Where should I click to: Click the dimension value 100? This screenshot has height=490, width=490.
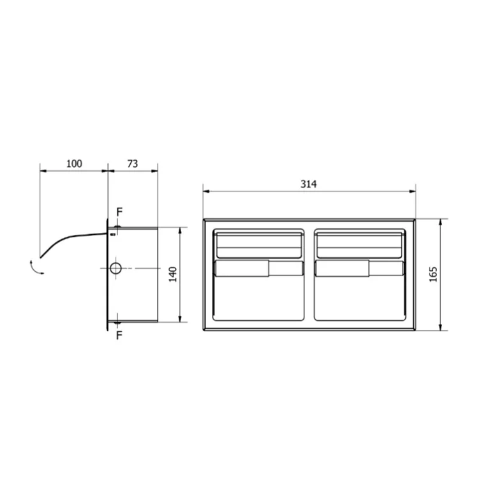(74, 164)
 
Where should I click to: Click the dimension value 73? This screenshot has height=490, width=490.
(132, 164)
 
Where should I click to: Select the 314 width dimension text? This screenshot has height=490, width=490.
(308, 184)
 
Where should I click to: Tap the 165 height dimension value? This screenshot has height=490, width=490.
(433, 274)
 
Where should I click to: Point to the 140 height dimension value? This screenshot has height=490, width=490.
(173, 274)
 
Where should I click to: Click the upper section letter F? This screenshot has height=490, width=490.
(119, 212)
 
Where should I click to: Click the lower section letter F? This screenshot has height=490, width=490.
(119, 336)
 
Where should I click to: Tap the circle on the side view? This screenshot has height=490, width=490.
(115, 268)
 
